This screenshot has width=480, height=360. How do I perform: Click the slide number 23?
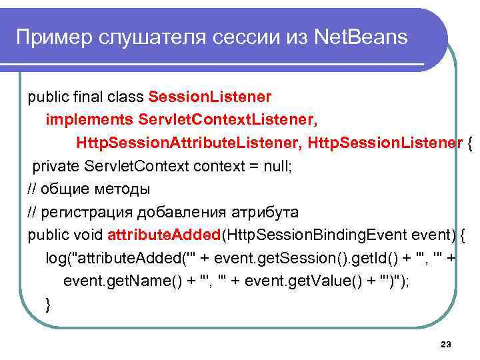point(446,344)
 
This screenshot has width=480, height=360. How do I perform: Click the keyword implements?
point(88,121)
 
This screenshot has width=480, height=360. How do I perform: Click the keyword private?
point(55,166)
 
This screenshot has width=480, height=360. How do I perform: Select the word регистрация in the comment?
point(83,213)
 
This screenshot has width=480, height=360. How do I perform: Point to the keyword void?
point(88,235)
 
